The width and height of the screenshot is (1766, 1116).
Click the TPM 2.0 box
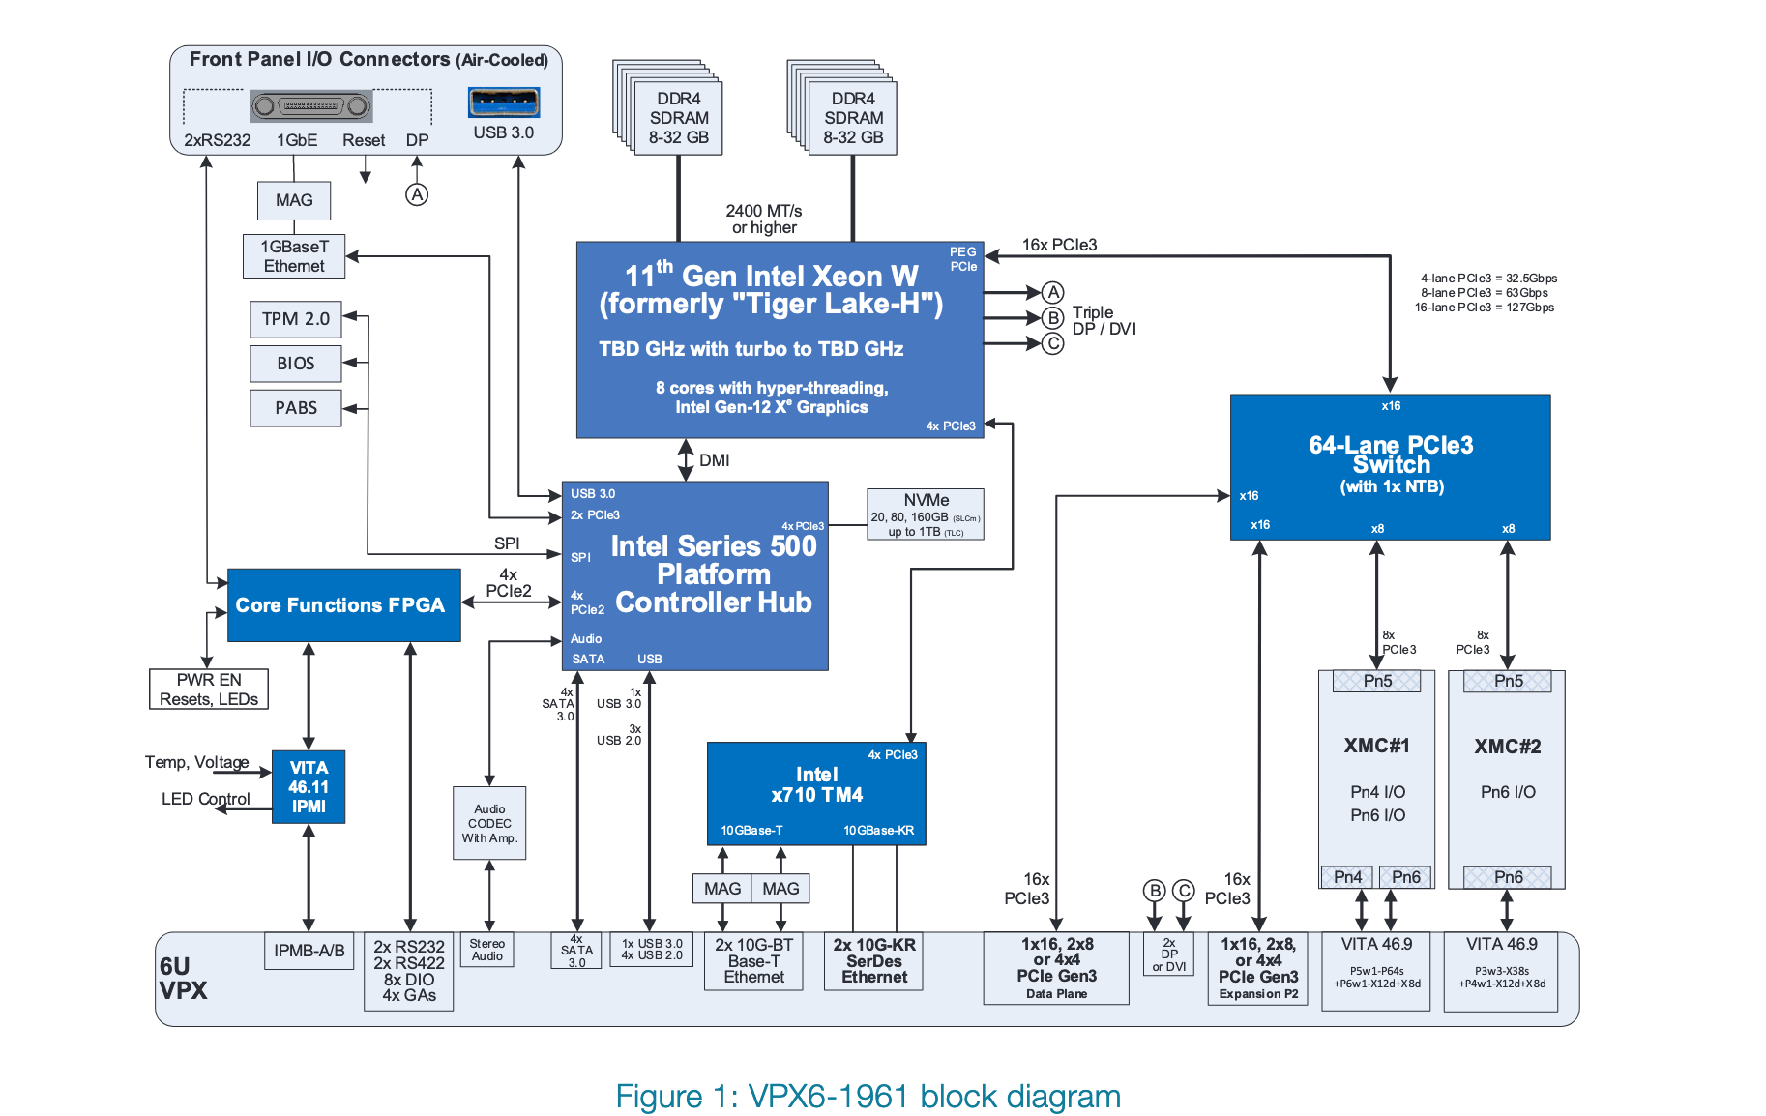(x=296, y=319)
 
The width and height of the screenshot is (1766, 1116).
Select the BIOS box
(x=296, y=364)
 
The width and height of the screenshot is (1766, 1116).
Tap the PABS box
(x=296, y=408)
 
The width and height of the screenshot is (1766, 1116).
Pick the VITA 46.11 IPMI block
(x=309, y=787)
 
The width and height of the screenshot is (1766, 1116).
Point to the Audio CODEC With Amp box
(x=489, y=823)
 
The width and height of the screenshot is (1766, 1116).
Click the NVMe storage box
(x=926, y=514)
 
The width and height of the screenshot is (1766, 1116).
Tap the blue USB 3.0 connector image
(x=504, y=102)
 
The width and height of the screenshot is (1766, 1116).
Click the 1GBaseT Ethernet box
(x=294, y=256)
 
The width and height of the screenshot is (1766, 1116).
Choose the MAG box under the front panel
(x=294, y=200)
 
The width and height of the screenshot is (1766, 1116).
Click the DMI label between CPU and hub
(x=714, y=460)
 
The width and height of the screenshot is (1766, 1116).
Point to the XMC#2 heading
(x=1507, y=747)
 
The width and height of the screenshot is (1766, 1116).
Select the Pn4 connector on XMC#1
(x=1347, y=877)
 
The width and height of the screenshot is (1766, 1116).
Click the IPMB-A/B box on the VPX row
(x=309, y=951)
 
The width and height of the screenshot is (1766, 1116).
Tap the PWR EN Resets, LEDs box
(x=209, y=690)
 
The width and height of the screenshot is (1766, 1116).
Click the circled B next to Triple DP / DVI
(x=1052, y=318)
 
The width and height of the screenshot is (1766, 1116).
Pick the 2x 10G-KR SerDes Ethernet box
(x=874, y=961)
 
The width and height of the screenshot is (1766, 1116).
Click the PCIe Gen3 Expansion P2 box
(x=1258, y=969)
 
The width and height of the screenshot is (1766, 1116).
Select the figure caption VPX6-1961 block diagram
(x=868, y=1097)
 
